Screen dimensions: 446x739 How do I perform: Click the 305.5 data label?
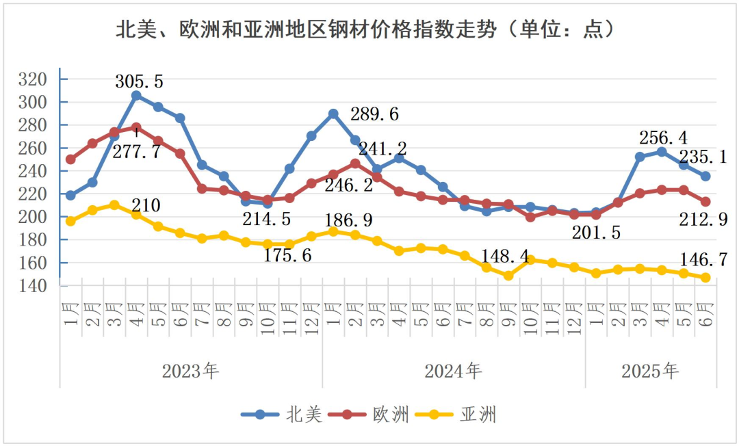click(140, 81)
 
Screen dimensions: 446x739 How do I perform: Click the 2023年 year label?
click(190, 371)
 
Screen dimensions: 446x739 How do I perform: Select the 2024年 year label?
click(453, 371)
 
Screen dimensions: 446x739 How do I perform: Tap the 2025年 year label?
click(650, 371)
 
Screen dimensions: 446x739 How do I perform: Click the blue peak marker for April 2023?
click(136, 96)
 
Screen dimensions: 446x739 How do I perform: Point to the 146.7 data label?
click(703, 259)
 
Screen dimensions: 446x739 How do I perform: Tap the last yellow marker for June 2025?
click(705, 278)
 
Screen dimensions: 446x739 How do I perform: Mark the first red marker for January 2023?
click(70, 159)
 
